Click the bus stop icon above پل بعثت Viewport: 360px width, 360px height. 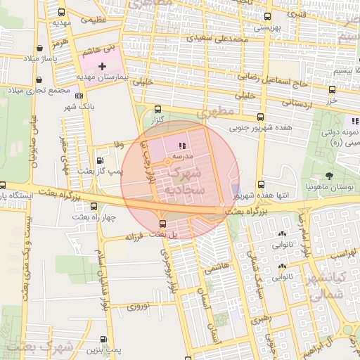click(x=163, y=224)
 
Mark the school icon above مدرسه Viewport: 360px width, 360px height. click(x=172, y=146)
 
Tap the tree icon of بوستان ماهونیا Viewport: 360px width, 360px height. click(x=330, y=176)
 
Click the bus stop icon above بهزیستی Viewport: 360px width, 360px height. click(x=266, y=16)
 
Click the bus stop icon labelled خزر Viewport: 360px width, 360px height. click(x=333, y=89)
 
